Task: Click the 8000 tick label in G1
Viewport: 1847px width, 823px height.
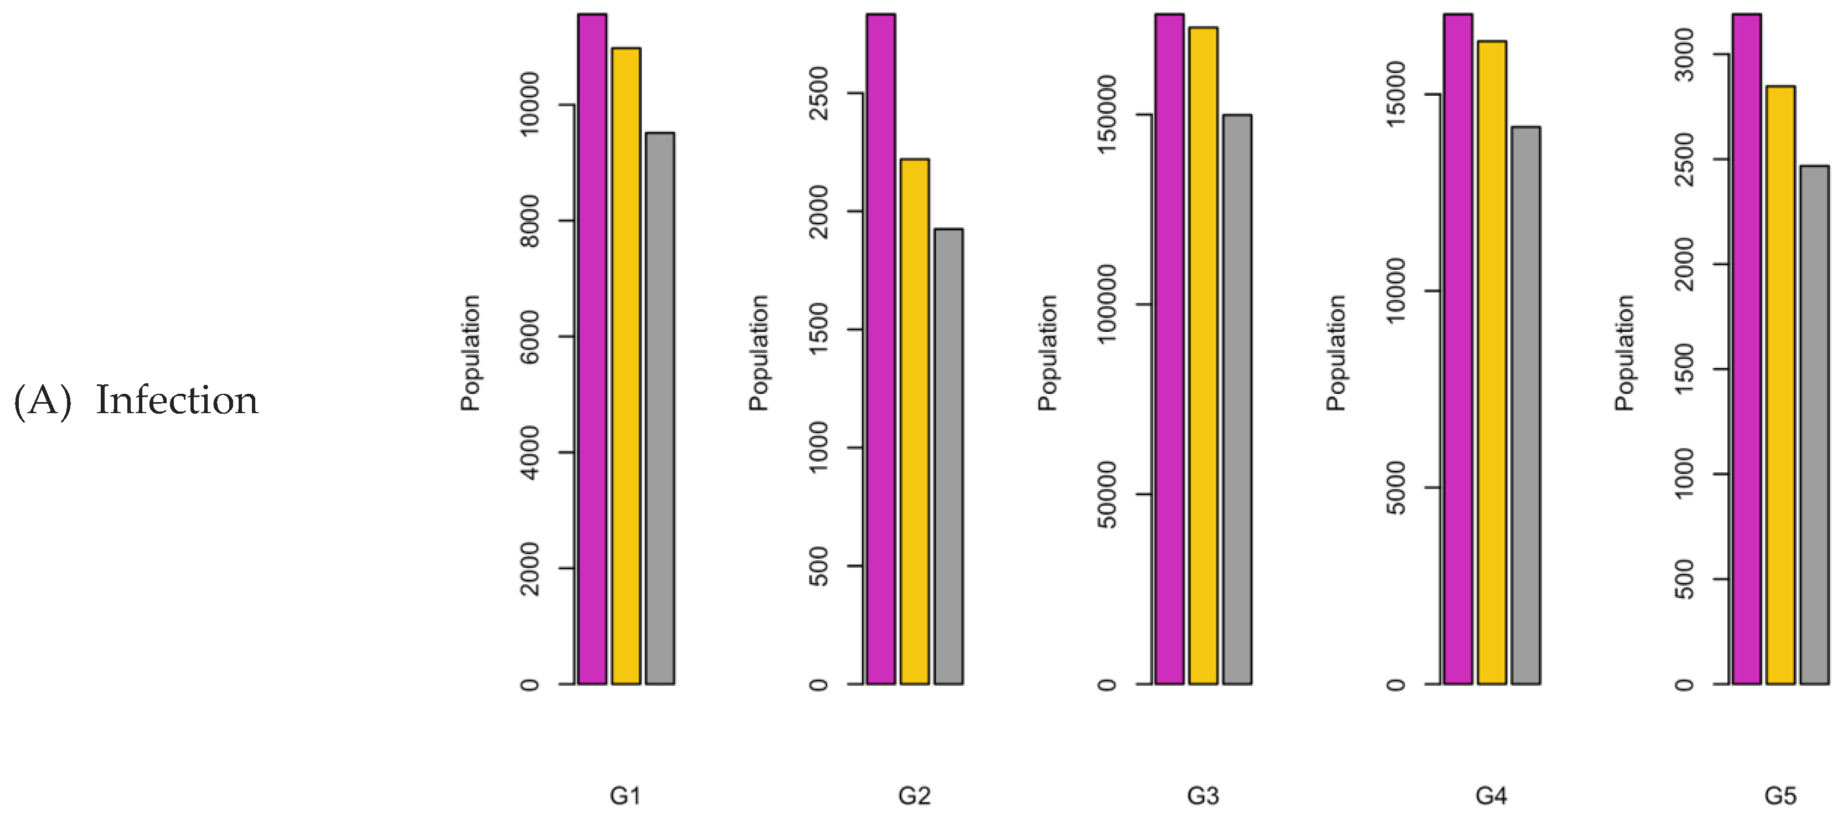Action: (x=529, y=221)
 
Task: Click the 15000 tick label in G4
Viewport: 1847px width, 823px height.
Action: (x=1395, y=94)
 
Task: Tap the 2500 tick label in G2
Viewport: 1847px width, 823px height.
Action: (x=817, y=93)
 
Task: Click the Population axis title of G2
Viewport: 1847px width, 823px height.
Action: (x=759, y=352)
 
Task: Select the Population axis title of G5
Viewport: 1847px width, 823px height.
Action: (x=1624, y=352)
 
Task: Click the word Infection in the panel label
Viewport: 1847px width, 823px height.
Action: (x=177, y=400)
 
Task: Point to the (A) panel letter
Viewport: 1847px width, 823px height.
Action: (x=42, y=400)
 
